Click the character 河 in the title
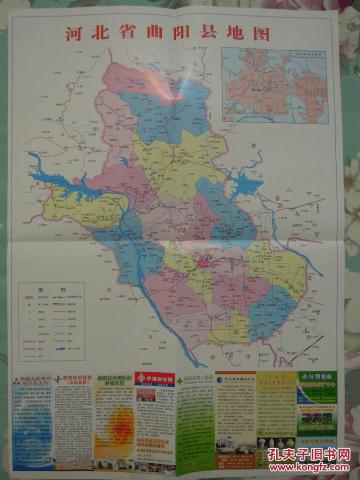click(73, 33)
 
